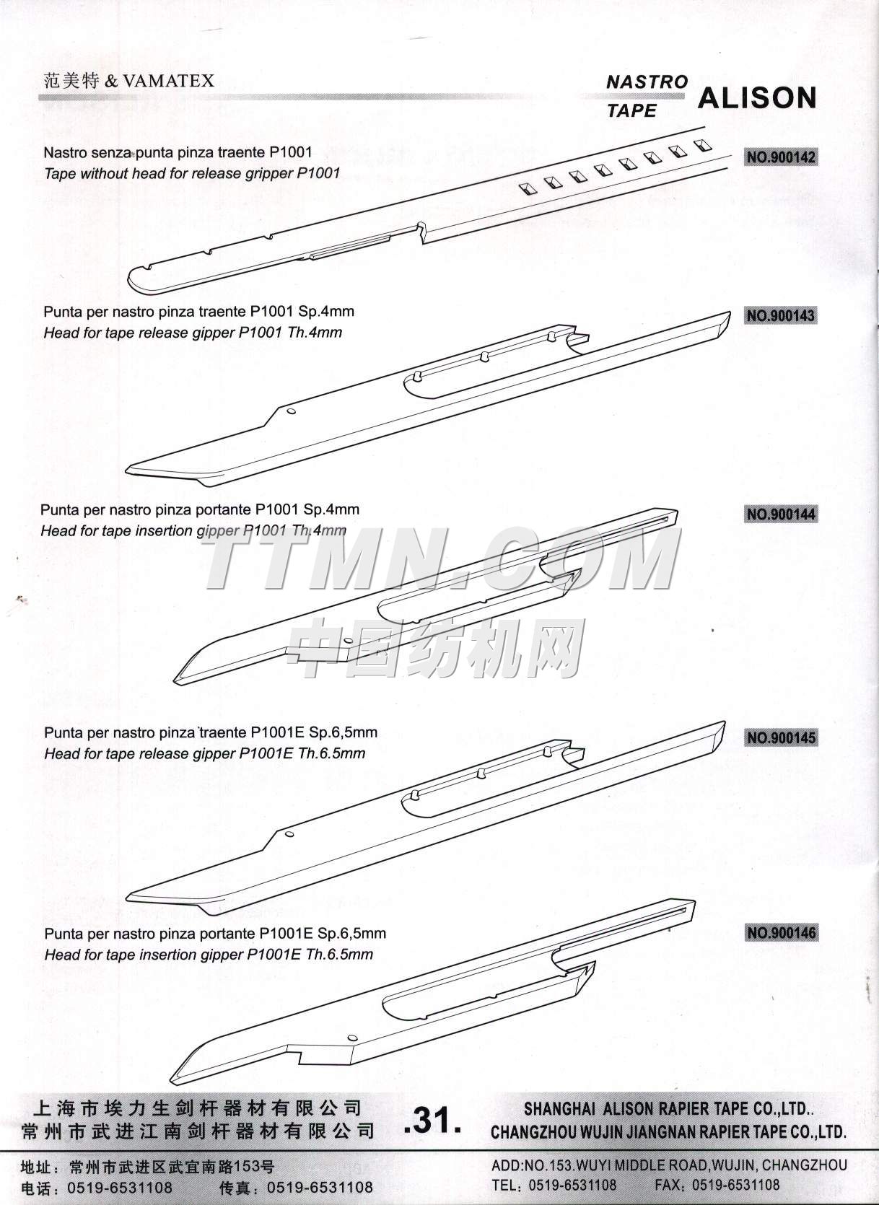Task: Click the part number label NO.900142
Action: [x=782, y=157]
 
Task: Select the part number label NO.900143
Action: [x=782, y=315]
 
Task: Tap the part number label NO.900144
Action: [x=782, y=514]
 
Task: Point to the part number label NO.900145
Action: [x=782, y=737]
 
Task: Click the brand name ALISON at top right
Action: [x=758, y=98]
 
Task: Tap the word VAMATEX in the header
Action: [x=168, y=82]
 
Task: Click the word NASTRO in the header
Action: [x=647, y=82]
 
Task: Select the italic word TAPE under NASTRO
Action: [x=632, y=111]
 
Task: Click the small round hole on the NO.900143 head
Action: [x=291, y=411]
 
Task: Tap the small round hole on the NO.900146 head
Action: [x=353, y=1037]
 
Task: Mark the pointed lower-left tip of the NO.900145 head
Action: [x=127, y=897]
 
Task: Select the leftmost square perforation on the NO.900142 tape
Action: [x=528, y=188]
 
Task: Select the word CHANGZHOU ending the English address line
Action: [x=805, y=1166]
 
